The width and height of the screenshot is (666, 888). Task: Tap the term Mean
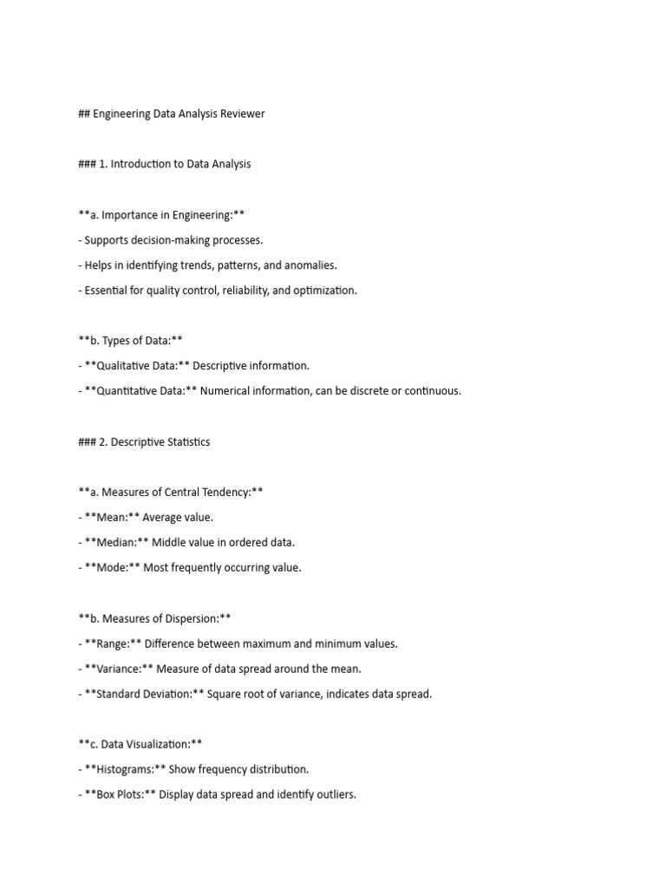[x=112, y=517]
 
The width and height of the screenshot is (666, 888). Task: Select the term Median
[x=116, y=542]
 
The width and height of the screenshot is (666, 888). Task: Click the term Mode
[x=113, y=568]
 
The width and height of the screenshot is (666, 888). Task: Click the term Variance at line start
[x=121, y=669]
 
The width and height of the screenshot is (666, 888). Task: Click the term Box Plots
[x=121, y=794]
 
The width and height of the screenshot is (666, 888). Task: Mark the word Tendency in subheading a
[x=222, y=492]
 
